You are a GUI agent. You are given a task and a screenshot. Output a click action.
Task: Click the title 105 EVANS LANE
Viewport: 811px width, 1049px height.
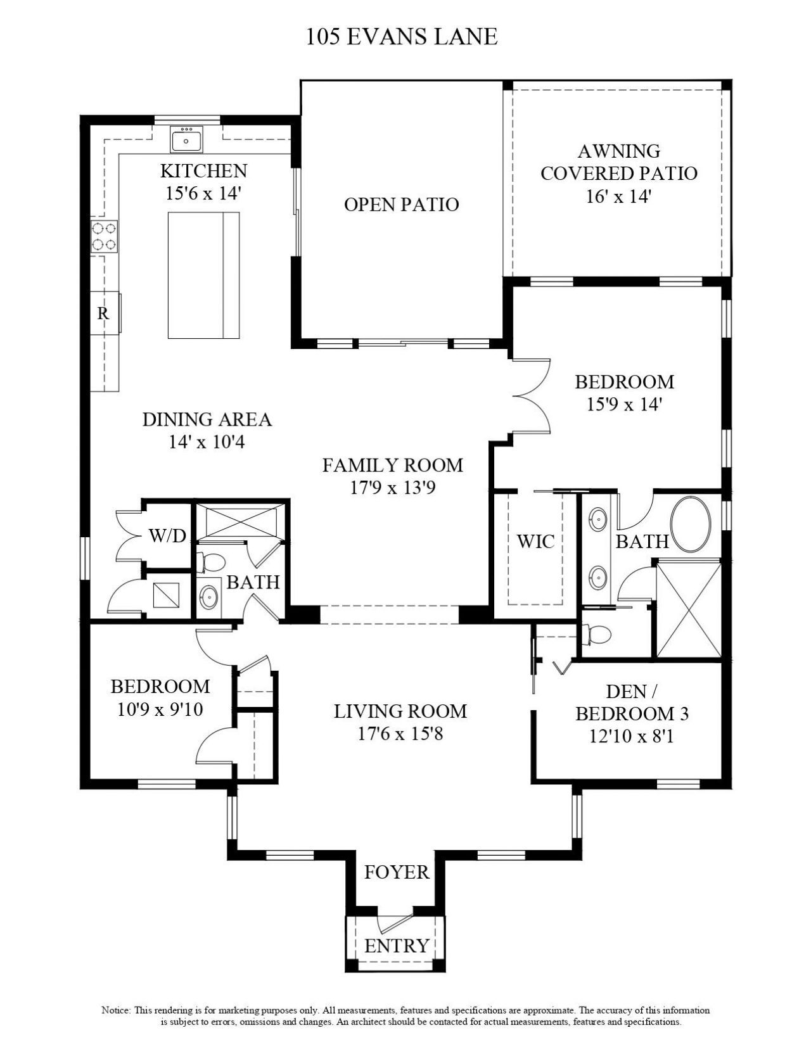[402, 37]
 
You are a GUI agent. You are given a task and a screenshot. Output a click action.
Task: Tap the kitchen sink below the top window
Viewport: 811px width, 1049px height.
[186, 140]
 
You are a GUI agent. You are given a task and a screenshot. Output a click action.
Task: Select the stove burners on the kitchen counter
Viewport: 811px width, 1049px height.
[104, 236]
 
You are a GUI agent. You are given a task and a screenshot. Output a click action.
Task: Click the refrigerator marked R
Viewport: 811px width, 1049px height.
[103, 312]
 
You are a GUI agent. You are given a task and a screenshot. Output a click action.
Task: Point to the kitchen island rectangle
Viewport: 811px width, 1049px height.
[203, 276]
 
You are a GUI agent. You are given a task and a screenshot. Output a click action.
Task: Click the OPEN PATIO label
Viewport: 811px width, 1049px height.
[401, 205]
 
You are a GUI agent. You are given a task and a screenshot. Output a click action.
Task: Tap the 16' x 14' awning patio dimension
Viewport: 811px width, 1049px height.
[618, 196]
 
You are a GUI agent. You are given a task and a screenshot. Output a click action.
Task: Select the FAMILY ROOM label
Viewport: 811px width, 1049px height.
[392, 466]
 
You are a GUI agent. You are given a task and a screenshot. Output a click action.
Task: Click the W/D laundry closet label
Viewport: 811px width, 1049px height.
[167, 536]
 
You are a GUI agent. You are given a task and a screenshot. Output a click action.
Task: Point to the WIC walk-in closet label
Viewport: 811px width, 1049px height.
[535, 542]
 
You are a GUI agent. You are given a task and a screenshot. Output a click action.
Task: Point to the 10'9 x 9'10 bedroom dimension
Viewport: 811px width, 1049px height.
[160, 709]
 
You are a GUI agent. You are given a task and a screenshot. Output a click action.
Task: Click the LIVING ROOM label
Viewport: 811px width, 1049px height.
[400, 711]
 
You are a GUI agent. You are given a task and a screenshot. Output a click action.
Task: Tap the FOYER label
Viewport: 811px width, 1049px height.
[397, 872]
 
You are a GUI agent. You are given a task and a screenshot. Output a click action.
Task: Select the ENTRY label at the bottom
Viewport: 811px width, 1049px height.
[397, 946]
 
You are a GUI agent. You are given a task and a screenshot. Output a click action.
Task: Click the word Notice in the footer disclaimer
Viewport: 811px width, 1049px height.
[115, 1010]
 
